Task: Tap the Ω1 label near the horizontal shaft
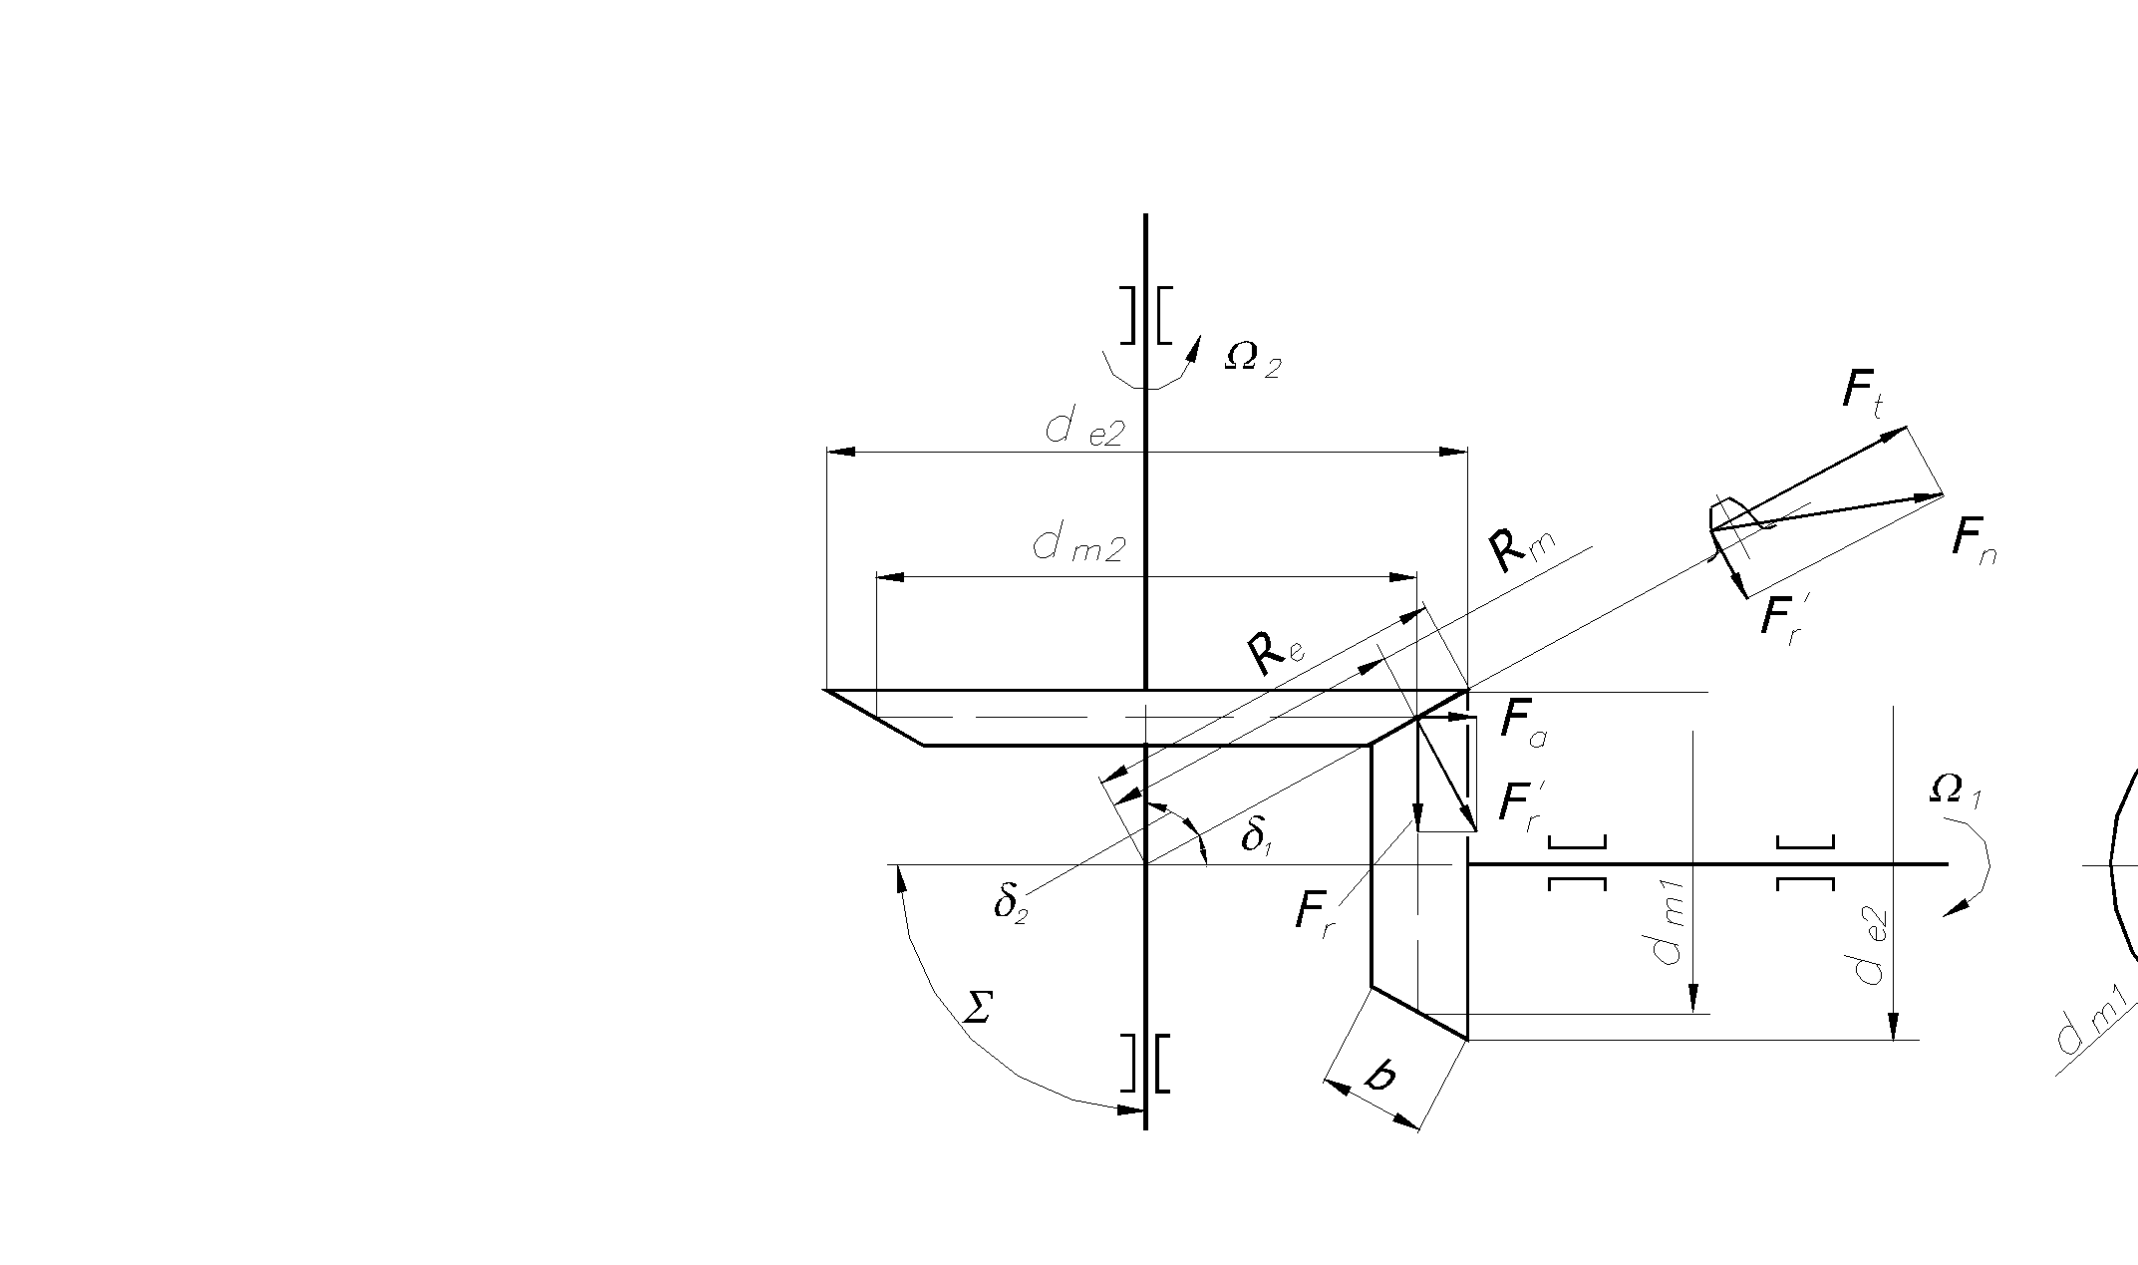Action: click(1956, 791)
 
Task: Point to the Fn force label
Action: click(1974, 543)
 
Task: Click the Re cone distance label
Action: click(1275, 654)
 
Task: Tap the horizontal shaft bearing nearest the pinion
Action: click(1577, 863)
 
